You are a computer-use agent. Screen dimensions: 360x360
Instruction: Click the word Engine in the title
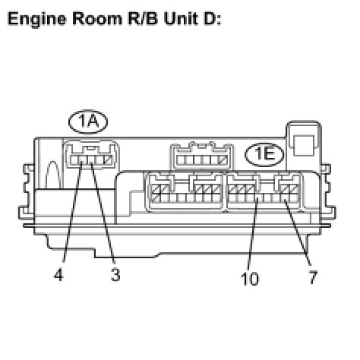point(36,19)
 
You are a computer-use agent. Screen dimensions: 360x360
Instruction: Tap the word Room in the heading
point(97,19)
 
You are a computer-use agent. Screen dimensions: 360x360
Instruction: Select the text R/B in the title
point(143,19)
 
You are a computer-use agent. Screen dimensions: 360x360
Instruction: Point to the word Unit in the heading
point(181,19)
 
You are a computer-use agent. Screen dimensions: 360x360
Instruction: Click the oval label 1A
point(88,122)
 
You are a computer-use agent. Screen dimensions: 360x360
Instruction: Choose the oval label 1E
point(264,155)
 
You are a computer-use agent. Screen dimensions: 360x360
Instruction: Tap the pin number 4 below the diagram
point(58,274)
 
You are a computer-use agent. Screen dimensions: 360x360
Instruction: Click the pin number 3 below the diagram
point(115,274)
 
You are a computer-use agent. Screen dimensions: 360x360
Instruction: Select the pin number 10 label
point(250,279)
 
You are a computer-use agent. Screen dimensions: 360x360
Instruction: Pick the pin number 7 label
point(313,277)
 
